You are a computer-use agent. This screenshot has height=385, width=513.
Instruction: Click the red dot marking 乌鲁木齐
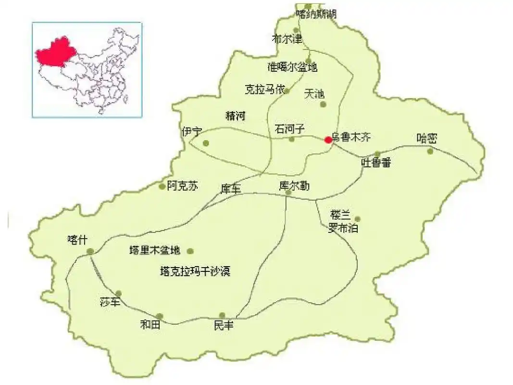[328, 140]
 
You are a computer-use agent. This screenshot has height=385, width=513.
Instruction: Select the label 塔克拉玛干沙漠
[195, 271]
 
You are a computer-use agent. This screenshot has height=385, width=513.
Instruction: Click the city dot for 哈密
[430, 151]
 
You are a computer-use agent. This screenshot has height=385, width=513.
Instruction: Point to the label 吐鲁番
[376, 163]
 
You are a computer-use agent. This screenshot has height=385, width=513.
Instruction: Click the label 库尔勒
[294, 185]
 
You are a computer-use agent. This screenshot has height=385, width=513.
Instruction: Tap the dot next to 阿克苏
[162, 186]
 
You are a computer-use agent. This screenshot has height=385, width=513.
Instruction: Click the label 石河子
[290, 129]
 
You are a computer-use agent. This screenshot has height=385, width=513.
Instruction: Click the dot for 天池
[323, 104]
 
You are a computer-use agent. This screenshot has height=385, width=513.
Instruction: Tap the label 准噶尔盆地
[292, 67]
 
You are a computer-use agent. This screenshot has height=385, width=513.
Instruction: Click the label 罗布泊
[343, 229]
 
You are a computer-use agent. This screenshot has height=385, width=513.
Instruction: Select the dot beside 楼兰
[357, 218]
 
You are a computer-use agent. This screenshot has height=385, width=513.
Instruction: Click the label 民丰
[224, 326]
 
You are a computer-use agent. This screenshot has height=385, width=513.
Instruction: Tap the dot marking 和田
[160, 316]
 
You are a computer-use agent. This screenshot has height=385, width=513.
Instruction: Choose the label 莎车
[108, 302]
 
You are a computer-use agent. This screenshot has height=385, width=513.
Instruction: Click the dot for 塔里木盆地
[190, 251]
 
